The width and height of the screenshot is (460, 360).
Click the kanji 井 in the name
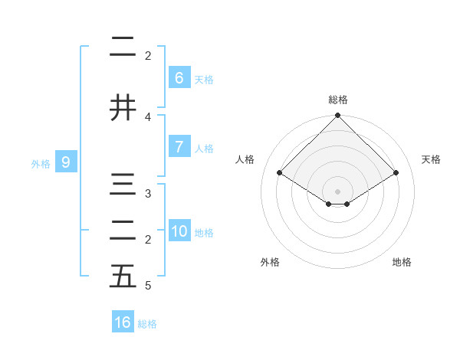pos(123,107)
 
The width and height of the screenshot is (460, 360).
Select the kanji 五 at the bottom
pos(123,277)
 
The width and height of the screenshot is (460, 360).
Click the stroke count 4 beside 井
pos(148,116)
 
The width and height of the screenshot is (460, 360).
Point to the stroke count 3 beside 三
pos(148,194)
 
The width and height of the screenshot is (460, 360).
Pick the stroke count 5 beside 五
pos(148,286)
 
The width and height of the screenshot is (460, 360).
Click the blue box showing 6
pos(179,78)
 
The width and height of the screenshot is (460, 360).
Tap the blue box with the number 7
pos(179,147)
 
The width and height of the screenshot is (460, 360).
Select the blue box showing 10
pos(179,231)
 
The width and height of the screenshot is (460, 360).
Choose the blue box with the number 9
pos(66,162)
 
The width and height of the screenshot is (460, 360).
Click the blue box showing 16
pos(123,322)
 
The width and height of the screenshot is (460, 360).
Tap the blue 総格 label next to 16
pos(147,324)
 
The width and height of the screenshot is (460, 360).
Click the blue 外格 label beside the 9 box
pos(41,163)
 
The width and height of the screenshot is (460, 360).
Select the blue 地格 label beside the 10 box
pos(204,233)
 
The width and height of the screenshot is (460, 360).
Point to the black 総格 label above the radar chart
pos(338,100)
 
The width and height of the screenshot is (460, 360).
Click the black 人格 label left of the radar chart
pos(245,159)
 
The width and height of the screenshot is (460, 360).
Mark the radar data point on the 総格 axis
pos(337,116)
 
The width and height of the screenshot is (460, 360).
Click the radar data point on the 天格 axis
pos(396,173)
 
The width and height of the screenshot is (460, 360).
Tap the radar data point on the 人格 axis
pos(280,172)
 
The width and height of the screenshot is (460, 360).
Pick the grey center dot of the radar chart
pos(337,191)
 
